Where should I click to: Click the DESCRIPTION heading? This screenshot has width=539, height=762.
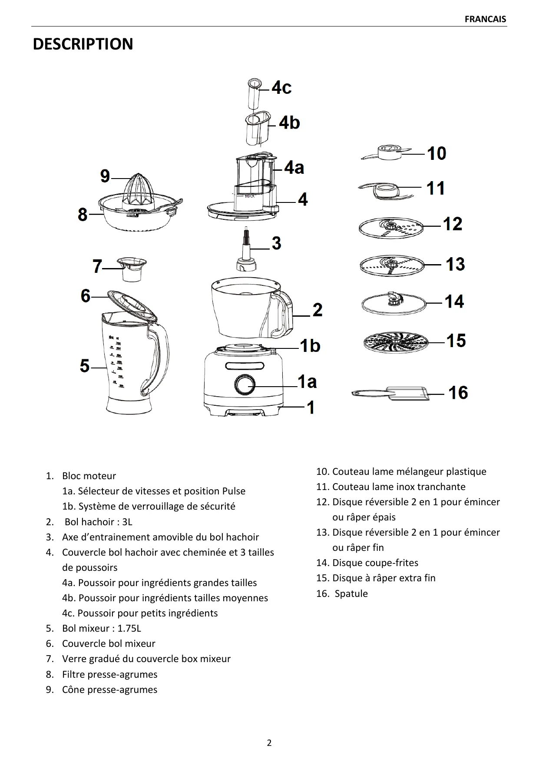tap(83, 44)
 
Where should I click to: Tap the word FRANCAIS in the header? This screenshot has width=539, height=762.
tap(485, 19)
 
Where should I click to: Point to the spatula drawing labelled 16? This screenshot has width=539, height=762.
tap(391, 394)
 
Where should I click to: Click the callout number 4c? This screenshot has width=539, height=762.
tap(281, 88)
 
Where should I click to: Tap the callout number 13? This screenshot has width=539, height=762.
tap(455, 264)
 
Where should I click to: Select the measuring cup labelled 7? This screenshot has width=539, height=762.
tap(132, 268)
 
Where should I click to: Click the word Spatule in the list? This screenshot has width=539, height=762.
tap(351, 593)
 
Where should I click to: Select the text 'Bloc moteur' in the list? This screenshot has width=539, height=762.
tap(89, 476)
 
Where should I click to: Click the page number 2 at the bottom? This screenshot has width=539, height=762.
tap(269, 742)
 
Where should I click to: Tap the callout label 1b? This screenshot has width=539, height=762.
tap(310, 346)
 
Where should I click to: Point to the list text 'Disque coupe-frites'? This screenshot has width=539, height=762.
tap(375, 563)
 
